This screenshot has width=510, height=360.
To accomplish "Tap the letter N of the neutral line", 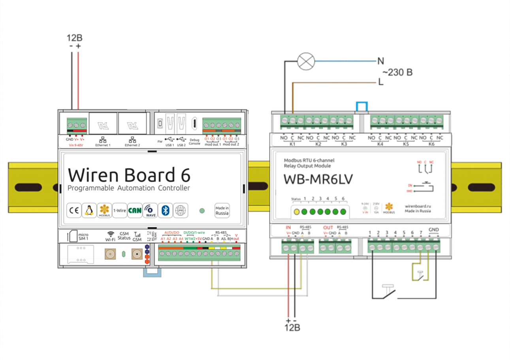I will tap(380, 61).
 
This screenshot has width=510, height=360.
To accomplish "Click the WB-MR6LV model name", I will tap(318, 179).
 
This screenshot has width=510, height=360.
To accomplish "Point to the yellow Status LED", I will tap(296, 211).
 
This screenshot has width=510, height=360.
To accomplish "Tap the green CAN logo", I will tap(135, 211).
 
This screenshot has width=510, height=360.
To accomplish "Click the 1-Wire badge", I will tap(119, 211).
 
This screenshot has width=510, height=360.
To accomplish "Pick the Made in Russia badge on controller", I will tap(222, 210).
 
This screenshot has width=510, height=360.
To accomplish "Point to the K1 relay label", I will tap(293, 144).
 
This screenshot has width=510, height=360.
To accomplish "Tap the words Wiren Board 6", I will tap(129, 175).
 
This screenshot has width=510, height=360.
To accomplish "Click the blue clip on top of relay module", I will tap(361, 106).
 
